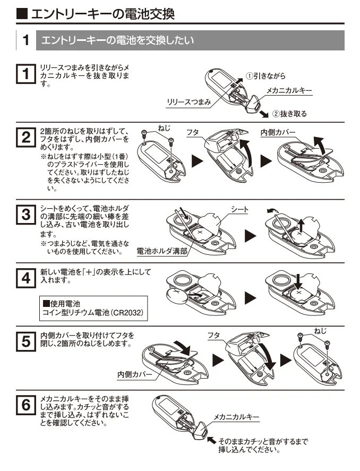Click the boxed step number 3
click(x=26, y=215)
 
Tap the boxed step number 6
click(x=26, y=405)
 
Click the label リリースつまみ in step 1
click(x=189, y=102)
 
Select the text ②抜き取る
click(x=289, y=114)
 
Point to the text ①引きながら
click(x=265, y=76)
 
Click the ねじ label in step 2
click(x=164, y=129)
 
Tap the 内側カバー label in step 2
click(x=278, y=132)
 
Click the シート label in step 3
click(x=240, y=209)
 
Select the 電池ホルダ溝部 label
click(x=162, y=251)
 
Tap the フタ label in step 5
click(x=214, y=336)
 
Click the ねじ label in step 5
click(x=320, y=331)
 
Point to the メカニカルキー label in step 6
click(x=236, y=417)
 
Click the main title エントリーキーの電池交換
click(x=103, y=14)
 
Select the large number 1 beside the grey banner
click(x=26, y=40)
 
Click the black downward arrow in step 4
click(x=298, y=281)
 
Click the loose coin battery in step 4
click(x=176, y=296)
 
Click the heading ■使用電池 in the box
click(x=62, y=304)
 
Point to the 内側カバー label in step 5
click(x=135, y=374)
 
